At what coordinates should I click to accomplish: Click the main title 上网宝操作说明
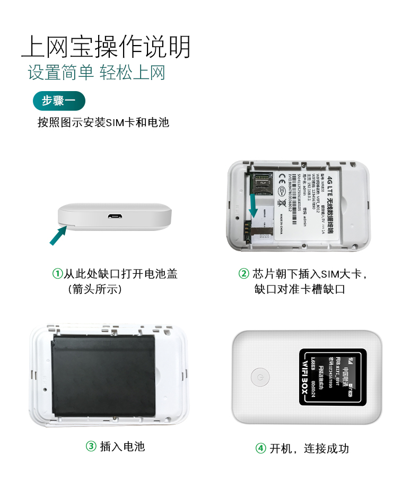point(106,47)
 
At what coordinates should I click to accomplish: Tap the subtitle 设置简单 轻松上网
point(97,73)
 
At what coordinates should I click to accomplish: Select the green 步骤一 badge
point(58,100)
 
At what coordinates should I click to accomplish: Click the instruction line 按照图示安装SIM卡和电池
point(103,122)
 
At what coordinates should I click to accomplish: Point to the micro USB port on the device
point(115,216)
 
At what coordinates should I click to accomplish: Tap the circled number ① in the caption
point(57,274)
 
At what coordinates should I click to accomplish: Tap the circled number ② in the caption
point(243,274)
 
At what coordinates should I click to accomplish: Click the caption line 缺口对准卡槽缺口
point(300,290)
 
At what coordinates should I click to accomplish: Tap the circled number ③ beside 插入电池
point(91,447)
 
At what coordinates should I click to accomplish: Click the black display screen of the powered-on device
point(333,377)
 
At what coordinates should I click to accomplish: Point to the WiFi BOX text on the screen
point(305,377)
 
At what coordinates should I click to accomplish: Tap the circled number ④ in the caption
point(260,449)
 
